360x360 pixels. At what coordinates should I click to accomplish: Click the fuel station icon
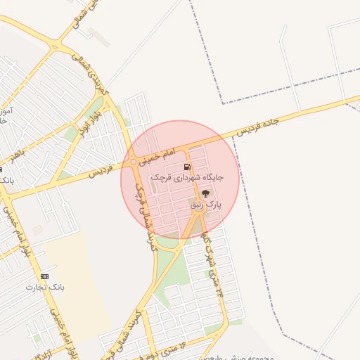(x=186, y=167)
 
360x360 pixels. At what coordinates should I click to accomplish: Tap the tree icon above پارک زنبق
(x=205, y=193)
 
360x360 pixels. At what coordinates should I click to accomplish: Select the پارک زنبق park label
(x=207, y=204)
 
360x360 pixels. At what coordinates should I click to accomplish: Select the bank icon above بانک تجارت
(x=45, y=276)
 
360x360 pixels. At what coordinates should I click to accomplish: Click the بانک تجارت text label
(x=44, y=287)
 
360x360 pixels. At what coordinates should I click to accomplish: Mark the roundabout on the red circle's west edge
(x=134, y=162)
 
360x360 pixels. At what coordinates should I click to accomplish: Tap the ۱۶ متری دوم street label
(x=167, y=347)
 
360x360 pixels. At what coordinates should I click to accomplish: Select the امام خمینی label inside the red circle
(x=158, y=154)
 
